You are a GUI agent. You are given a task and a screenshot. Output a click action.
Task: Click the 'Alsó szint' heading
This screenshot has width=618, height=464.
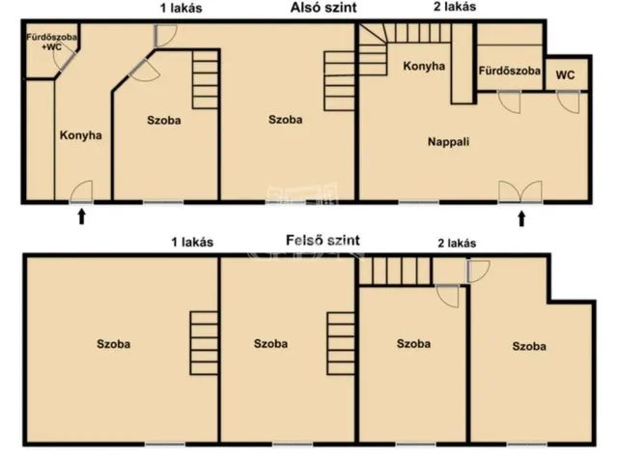[323, 8]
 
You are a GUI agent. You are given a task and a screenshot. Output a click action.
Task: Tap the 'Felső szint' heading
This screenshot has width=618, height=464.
[323, 241]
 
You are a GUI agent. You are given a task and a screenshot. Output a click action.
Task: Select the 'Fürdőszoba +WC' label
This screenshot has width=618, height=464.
[51, 42]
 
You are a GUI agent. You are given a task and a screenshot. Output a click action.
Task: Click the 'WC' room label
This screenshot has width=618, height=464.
[565, 75]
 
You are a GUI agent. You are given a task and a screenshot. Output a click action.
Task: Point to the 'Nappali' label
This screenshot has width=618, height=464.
[448, 142]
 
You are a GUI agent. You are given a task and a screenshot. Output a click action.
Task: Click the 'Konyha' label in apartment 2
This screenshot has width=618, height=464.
[424, 66]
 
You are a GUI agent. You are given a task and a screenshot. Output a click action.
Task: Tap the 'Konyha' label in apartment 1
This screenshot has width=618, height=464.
[81, 135]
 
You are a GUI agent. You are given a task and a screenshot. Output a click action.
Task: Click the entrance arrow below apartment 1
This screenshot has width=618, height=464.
[81, 217]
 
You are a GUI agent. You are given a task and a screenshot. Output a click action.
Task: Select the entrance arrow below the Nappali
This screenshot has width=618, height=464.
[521, 218]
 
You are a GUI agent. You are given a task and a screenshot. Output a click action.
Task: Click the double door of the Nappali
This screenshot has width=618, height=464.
[520, 192]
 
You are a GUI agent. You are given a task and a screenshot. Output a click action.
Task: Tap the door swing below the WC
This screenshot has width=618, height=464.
[568, 101]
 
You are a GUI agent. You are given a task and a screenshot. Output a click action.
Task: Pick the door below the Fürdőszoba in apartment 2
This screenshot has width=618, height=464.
[509, 101]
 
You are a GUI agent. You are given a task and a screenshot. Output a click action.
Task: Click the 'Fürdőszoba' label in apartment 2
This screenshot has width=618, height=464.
[509, 71]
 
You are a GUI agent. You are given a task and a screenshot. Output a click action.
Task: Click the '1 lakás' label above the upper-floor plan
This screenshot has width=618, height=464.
[192, 242]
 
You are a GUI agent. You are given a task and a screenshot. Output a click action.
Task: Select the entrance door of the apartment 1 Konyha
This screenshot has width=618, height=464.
[81, 192]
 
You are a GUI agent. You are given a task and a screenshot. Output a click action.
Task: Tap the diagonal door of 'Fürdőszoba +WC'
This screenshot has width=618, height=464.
[65, 61]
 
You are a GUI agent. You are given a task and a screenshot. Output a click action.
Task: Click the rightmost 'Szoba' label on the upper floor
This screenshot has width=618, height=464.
[529, 346]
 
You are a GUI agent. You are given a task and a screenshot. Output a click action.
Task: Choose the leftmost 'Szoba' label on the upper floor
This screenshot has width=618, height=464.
[114, 344]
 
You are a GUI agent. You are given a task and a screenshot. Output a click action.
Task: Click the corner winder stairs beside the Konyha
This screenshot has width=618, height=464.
[373, 49]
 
